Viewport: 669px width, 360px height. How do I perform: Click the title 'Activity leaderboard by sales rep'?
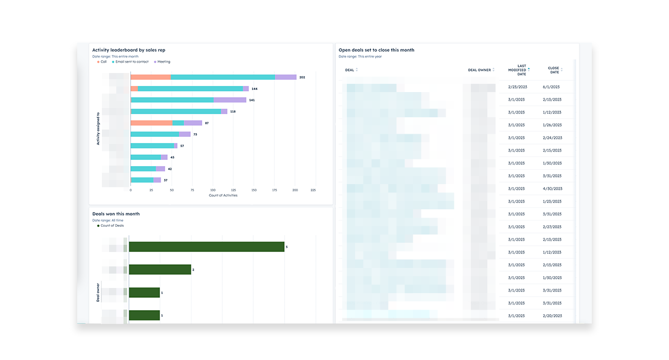pyautogui.click(x=129, y=50)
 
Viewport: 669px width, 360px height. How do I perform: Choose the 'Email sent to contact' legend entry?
pyautogui.click(x=132, y=62)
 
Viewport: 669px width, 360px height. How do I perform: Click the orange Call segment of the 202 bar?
pyautogui.click(x=150, y=77)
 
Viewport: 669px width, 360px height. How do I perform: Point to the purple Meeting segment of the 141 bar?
pyautogui.click(x=230, y=100)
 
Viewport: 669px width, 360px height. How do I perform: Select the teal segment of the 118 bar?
pyautogui.click(x=177, y=111)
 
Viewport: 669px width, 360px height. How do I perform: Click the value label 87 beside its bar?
pyautogui.click(x=206, y=123)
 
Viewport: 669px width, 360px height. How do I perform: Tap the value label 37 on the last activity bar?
pyautogui.click(x=165, y=181)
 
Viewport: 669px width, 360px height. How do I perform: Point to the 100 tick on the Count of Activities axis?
pyautogui.click(x=213, y=190)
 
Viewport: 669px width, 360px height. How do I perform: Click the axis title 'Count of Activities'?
pyautogui.click(x=223, y=195)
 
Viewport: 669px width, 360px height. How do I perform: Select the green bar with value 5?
pyautogui.click(x=206, y=247)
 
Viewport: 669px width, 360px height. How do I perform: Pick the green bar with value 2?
pyautogui.click(x=160, y=269)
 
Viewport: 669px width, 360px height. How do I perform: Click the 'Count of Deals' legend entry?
pyautogui.click(x=112, y=226)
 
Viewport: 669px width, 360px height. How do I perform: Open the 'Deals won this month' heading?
pyautogui.click(x=116, y=214)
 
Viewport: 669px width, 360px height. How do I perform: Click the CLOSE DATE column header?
pyautogui.click(x=553, y=70)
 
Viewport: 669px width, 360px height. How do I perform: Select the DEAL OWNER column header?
pyautogui.click(x=479, y=70)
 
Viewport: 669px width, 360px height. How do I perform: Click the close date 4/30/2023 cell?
pyautogui.click(x=552, y=189)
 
